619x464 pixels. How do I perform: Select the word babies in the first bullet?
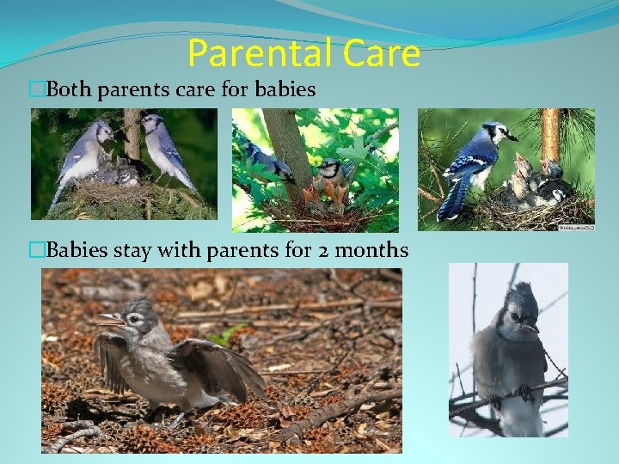(285, 89)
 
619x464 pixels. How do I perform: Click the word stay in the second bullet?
(129, 251)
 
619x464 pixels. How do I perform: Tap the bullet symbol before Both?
(36, 89)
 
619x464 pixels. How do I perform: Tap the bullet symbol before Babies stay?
(36, 251)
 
